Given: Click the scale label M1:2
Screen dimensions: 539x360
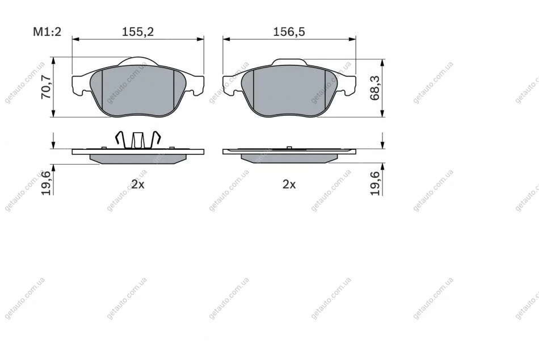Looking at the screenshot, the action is (x=47, y=32).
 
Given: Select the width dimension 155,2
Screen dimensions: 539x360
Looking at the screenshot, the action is (x=138, y=32).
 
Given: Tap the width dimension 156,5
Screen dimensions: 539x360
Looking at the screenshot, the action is (x=289, y=32).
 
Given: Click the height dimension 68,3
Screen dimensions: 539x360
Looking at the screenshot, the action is (x=375, y=88).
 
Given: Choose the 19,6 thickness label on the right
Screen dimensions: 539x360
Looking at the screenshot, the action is (x=375, y=183).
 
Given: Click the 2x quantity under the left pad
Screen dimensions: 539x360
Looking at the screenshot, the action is (x=138, y=185).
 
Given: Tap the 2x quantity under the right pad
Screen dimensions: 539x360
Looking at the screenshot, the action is (x=289, y=185).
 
